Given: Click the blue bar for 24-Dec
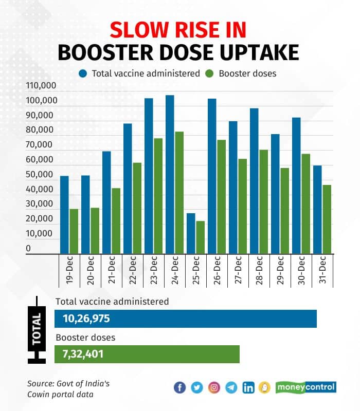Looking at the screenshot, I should coord(170,175).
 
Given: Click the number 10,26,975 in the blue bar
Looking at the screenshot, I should coord(86,319).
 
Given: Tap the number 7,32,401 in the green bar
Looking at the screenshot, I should coord(83,354).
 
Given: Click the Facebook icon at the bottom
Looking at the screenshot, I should coord(179,388).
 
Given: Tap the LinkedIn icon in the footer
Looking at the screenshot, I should coord(248,388).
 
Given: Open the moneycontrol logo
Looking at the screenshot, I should coord(305,387).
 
